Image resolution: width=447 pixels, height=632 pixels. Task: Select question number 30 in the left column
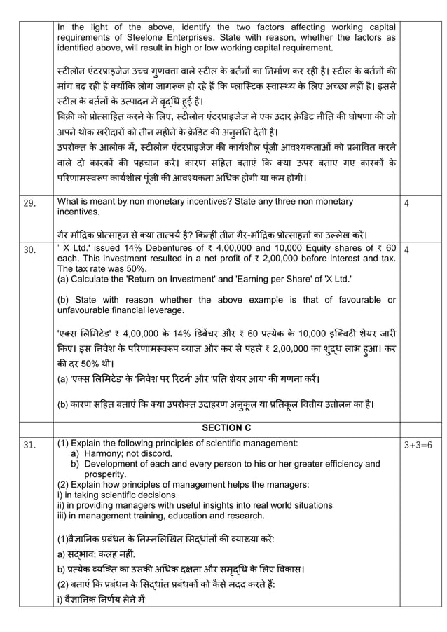coord(29,249)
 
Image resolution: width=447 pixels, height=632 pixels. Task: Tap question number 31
coord(29,444)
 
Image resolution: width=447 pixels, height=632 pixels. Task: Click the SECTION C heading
coord(226,427)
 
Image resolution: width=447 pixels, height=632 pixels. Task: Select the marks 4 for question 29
coord(407,202)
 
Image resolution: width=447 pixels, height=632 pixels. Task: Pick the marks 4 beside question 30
coord(407,249)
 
